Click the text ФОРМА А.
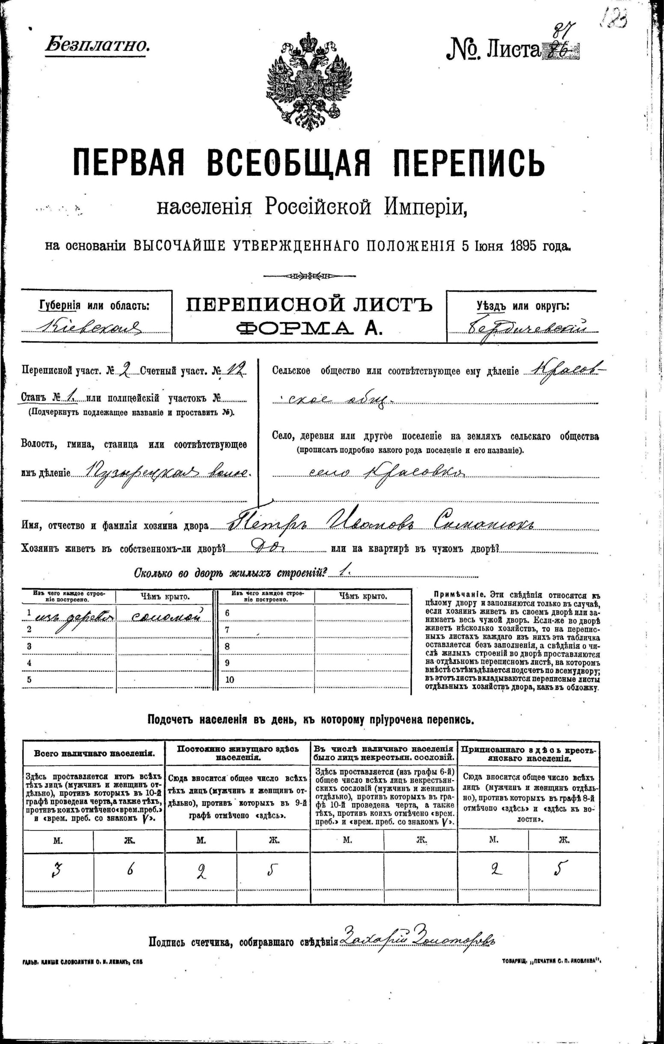click(309, 329)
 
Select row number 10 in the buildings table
click(230, 680)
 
